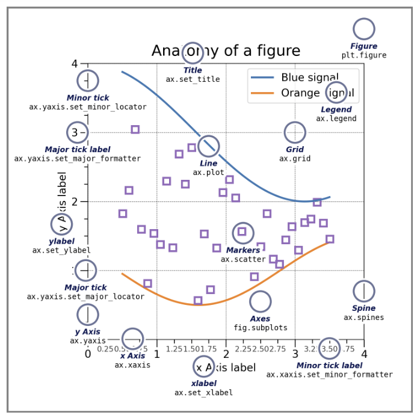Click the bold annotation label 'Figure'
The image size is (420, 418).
coord(363,46)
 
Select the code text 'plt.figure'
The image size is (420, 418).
coord(363,55)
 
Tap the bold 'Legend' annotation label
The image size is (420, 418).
coord(336,109)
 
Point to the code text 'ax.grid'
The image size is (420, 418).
coord(294,159)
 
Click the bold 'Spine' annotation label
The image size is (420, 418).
coord(363,309)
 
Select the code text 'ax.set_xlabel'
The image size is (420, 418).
coord(203,393)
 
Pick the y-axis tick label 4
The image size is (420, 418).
coord(75,64)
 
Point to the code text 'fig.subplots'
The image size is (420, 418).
coord(260,328)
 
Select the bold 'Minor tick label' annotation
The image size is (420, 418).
coord(329,365)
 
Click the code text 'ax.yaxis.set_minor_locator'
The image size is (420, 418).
coord(88,107)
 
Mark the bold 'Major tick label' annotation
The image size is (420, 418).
coord(78,150)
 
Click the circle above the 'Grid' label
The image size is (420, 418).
coord(294,132)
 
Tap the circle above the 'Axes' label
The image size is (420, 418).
coord(260,301)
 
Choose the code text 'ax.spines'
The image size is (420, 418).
coord(363,318)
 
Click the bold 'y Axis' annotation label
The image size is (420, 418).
coord(88,332)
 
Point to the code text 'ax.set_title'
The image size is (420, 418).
coord(193,79)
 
